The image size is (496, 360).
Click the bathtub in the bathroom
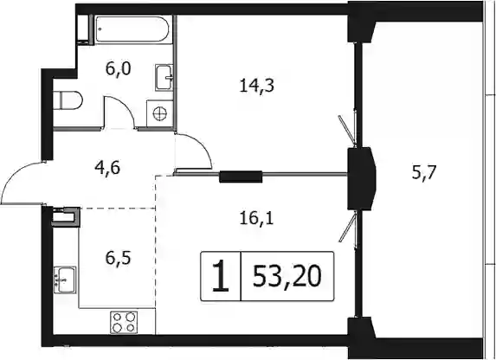pyautogui.click(x=132, y=29)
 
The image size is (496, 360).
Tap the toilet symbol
pyautogui.click(x=68, y=101)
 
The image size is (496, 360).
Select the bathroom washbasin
pyautogui.click(x=164, y=77)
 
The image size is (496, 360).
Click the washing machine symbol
pyautogui.click(x=160, y=113)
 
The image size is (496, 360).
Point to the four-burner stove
pyautogui.click(x=124, y=322)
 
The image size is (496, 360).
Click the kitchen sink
pyautogui.click(x=65, y=280)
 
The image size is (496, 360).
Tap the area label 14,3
pyautogui.click(x=256, y=86)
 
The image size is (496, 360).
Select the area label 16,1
pyautogui.click(x=256, y=219)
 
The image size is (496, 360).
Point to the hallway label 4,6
pyautogui.click(x=107, y=168)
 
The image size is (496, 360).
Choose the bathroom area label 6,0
pyautogui.click(x=119, y=68)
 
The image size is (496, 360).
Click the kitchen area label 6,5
pyautogui.click(x=119, y=258)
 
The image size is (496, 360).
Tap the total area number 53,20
pyautogui.click(x=287, y=276)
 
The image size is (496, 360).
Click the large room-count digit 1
pyautogui.click(x=221, y=276)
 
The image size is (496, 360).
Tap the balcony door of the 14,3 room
pyautogui.click(x=347, y=130)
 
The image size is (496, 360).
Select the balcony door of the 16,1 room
pyautogui.click(x=348, y=227)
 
